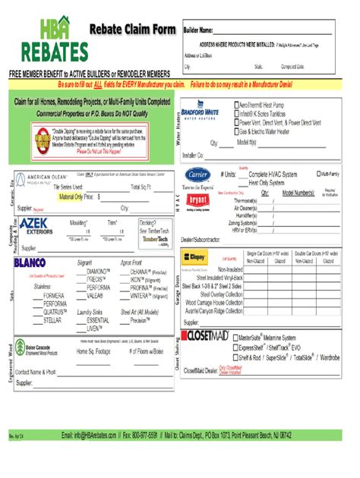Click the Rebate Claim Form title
click(133, 30)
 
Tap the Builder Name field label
click(196, 30)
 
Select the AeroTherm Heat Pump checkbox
click(236, 107)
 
